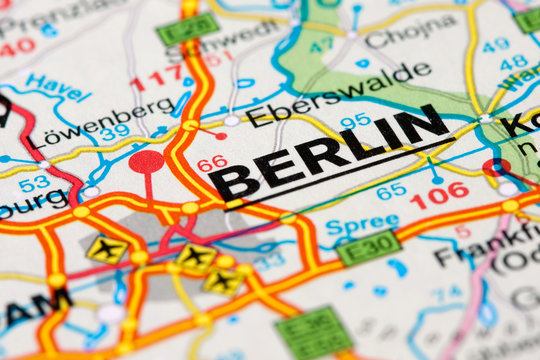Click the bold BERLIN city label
[330, 154]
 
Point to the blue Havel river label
[58, 89]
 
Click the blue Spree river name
[361, 224]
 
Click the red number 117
[157, 77]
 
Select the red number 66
[211, 164]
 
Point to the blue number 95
[355, 121]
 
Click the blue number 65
[391, 190]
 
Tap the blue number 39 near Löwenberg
[114, 132]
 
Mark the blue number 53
[34, 183]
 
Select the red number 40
[17, 47]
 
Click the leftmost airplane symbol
[106, 249]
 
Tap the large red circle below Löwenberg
[146, 161]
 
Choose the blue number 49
[495, 45]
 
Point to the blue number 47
[321, 45]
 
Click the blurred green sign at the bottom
[314, 332]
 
